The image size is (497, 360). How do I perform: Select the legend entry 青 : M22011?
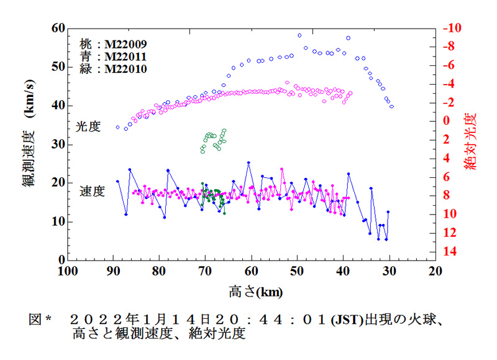113,57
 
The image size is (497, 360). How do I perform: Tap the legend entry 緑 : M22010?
113,69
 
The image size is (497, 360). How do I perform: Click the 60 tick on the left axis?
57,28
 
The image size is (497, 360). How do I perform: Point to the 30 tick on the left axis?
57,144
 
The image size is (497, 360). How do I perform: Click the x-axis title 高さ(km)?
252,290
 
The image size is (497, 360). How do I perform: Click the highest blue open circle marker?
299,35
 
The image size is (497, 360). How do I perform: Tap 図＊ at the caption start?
40,321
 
